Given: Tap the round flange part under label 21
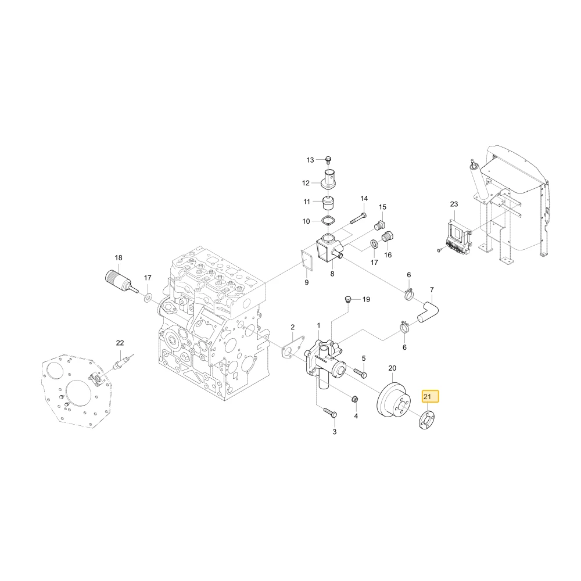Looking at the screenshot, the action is pos(426,421).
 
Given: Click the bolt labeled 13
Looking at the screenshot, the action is pos(328,160).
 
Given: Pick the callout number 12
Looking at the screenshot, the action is pos(306,183).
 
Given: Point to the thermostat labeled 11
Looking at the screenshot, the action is pos(328,203).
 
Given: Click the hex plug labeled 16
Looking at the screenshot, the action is pos(387,236).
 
